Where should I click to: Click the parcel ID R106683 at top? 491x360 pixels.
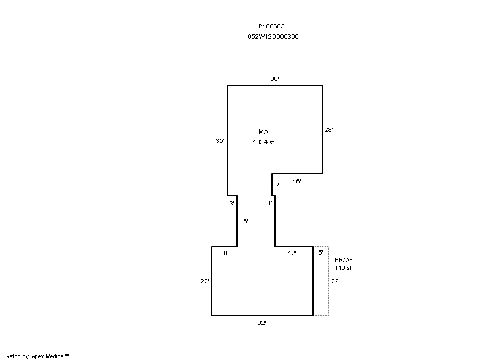tap(271, 26)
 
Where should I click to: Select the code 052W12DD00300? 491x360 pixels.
tap(273, 37)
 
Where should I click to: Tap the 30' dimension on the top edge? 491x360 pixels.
tap(274, 79)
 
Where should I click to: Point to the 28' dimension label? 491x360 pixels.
tap(328, 129)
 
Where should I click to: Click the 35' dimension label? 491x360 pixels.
tap(220, 140)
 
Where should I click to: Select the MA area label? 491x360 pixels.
tap(263, 132)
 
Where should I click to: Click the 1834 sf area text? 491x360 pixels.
tap(263, 142)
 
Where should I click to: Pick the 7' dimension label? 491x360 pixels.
tap(278, 185)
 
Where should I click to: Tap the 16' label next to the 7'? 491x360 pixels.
tap(297, 181)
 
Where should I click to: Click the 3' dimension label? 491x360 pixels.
tap(231, 203)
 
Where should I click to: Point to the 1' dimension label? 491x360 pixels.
tap(270, 202)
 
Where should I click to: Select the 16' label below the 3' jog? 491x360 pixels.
tap(244, 221)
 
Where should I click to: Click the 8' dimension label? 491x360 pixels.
tap(226, 253)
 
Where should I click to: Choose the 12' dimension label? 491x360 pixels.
tap(292, 253)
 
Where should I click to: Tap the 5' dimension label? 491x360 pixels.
tap(320, 253)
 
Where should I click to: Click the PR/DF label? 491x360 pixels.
tap(344, 259)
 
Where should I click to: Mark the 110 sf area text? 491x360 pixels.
tap(343, 268)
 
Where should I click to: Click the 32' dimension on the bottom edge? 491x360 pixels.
tap(262, 323)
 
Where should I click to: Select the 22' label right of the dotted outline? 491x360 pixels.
tap(335, 281)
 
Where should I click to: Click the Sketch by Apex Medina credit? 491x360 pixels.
tap(36, 356)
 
